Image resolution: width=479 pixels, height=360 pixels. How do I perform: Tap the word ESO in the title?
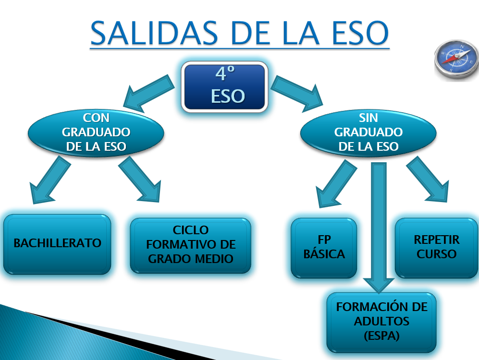click(x=360, y=33)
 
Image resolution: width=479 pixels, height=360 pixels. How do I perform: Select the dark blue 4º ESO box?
click(x=224, y=87)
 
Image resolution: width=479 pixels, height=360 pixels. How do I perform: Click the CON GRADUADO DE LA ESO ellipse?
click(x=96, y=132)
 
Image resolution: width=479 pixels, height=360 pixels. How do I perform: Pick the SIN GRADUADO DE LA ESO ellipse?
click(x=368, y=132)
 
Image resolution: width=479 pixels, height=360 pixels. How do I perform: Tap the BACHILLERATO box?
click(x=57, y=244)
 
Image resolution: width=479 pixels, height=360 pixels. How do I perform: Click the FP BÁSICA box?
click(x=324, y=247)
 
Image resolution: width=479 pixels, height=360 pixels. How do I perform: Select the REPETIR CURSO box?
click(x=436, y=247)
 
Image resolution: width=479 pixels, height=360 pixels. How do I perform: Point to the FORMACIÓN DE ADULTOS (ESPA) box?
click(x=381, y=322)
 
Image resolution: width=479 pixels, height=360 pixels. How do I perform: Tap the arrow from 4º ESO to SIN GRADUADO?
click(x=297, y=93)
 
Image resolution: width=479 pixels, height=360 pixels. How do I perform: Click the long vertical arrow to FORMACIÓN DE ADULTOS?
click(x=379, y=228)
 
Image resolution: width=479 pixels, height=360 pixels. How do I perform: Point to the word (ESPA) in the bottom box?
click(x=381, y=336)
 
